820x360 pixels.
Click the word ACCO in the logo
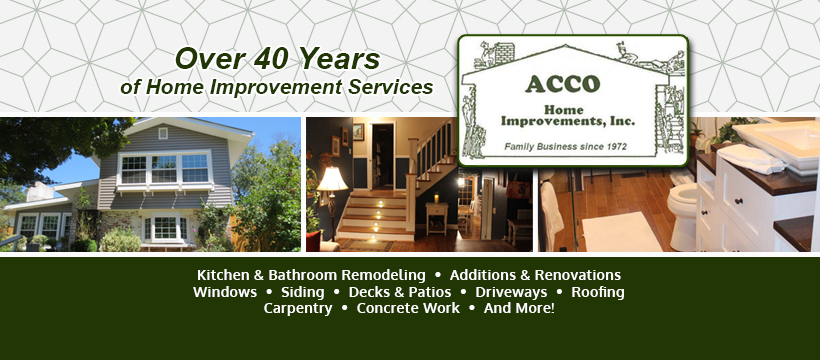[x=562, y=84]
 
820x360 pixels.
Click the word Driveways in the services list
[x=511, y=292]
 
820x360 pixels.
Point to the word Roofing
[x=598, y=292]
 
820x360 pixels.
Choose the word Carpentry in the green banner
[x=298, y=309]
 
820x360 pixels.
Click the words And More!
[x=519, y=308]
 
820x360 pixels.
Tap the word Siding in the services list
[x=302, y=292]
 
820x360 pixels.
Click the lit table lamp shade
[x=332, y=179]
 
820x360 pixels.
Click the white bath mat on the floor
[x=621, y=232]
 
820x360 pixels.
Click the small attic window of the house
[x=163, y=133]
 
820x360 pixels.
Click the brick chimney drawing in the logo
[x=504, y=53]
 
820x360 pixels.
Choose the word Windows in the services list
[x=225, y=292]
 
